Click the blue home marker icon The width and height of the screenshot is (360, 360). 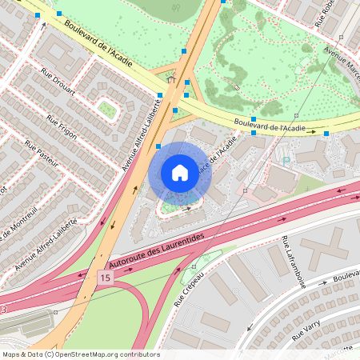[179, 173]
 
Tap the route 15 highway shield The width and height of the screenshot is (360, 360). [105, 277]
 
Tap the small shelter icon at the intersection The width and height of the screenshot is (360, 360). [170, 79]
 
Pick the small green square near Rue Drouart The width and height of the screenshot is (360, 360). [106, 109]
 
